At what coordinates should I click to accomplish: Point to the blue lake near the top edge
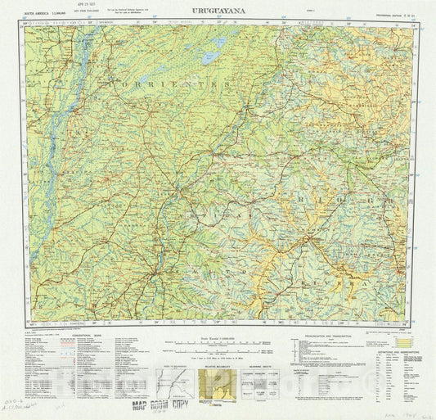point(218,41)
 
